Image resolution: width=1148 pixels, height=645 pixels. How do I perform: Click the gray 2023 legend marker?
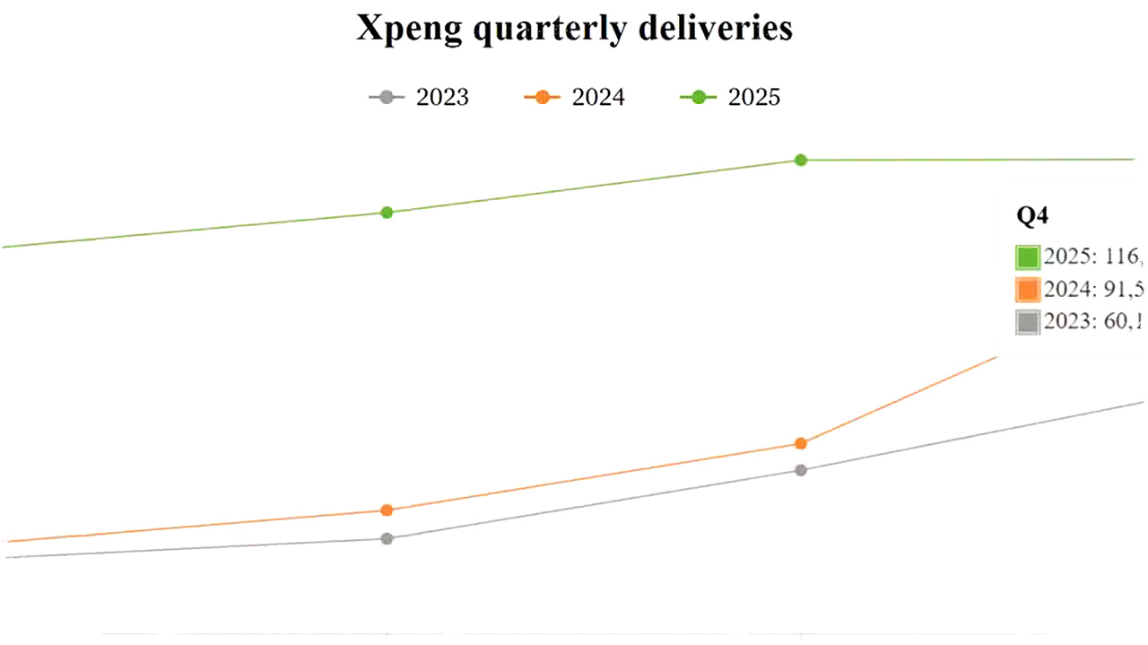[387, 98]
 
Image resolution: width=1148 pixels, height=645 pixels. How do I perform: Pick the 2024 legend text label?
[598, 98]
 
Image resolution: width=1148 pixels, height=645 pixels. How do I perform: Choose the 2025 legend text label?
[754, 98]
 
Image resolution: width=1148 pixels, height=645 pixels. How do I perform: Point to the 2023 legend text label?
[442, 98]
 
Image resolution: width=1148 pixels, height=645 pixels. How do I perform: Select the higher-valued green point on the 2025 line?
[801, 160]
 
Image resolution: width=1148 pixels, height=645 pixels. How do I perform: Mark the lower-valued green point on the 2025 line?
[387, 213]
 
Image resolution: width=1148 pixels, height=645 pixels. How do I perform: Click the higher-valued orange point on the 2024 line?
[801, 443]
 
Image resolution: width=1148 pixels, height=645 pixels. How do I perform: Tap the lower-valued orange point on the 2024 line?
[387, 510]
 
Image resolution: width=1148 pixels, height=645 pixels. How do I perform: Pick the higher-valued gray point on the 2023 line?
[801, 470]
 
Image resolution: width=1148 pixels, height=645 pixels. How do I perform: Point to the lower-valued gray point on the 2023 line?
[387, 539]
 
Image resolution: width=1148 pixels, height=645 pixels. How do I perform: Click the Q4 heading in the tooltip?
[1032, 216]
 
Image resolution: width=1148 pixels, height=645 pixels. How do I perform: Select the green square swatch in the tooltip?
[1028, 257]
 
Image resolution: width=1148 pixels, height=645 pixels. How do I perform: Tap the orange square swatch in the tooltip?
[1028, 290]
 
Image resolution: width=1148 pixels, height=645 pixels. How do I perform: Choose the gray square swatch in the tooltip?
[1028, 321]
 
